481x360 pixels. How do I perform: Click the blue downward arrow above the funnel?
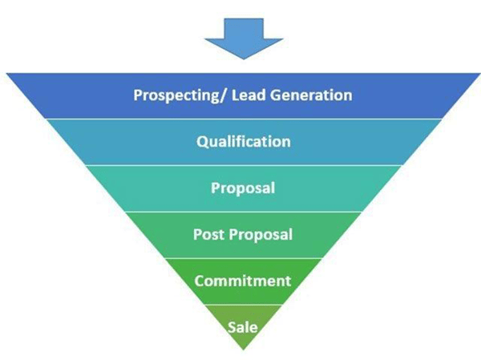pyautogui.click(x=244, y=38)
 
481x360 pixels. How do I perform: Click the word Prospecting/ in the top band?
pyautogui.click(x=181, y=95)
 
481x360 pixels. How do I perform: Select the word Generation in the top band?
pyautogui.click(x=311, y=95)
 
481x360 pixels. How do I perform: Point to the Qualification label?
pyautogui.click(x=244, y=142)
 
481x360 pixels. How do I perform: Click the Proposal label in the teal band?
pyautogui.click(x=243, y=188)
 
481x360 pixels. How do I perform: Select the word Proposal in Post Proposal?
pyautogui.click(x=261, y=235)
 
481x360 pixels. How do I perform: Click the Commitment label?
pyautogui.click(x=243, y=281)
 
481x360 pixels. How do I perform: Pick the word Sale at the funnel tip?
pyautogui.click(x=243, y=327)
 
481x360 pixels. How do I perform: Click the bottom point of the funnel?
pyautogui.click(x=244, y=350)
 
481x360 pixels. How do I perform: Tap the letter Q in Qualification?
pyautogui.click(x=203, y=142)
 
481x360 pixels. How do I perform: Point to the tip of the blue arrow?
pyautogui.click(x=244, y=59)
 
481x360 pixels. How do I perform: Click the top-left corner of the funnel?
pyautogui.click(x=6, y=73)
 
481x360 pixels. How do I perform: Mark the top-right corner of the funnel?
pyautogui.click(x=480, y=73)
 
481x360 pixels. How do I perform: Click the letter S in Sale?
pyautogui.click(x=232, y=327)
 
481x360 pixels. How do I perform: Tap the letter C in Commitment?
pyautogui.click(x=199, y=281)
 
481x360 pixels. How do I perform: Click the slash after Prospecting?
pyautogui.click(x=225, y=95)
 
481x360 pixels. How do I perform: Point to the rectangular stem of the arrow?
pyautogui.click(x=244, y=29)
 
